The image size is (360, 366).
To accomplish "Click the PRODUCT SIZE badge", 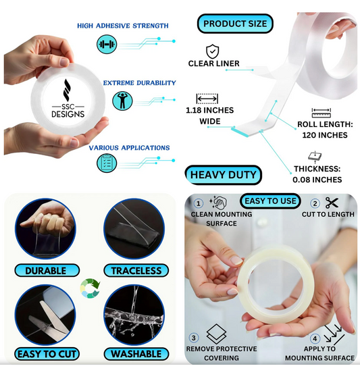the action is click(x=235, y=24).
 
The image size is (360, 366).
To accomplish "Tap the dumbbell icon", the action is click(x=107, y=44).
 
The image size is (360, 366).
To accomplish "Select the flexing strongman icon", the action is click(x=122, y=101).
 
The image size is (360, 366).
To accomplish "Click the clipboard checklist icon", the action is click(x=107, y=163).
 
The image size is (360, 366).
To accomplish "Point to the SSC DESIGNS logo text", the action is click(x=68, y=111).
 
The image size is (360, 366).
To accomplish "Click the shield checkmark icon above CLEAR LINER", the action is click(x=212, y=51).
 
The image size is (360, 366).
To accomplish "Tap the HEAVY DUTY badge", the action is click(x=223, y=175).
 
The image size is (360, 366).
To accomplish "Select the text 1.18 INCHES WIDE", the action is click(x=209, y=115).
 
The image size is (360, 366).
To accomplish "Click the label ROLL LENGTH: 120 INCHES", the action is click(x=325, y=130).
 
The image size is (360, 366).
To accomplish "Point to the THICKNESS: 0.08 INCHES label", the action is click(x=317, y=174).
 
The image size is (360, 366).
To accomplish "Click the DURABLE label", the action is click(x=47, y=271).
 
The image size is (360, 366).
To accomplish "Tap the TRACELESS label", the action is click(x=136, y=271).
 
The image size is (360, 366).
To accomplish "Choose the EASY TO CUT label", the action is click(x=47, y=354).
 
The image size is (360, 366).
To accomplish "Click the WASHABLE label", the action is click(x=136, y=354).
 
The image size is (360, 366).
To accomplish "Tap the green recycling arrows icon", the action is click(x=90, y=288).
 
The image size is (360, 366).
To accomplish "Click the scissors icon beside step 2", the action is click(x=332, y=203).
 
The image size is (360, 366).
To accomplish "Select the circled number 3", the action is click(x=194, y=338).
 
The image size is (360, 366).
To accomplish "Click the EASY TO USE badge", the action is click(x=270, y=201).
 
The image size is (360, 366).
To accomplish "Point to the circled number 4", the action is click(x=315, y=338).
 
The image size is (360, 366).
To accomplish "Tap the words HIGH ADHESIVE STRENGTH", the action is click(x=123, y=26).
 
